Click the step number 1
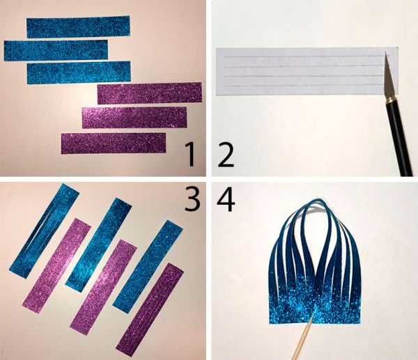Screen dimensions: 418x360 click(x=190, y=155)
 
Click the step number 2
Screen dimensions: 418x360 click(x=226, y=155)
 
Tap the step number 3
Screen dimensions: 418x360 click(x=192, y=198)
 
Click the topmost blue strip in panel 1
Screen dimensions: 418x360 click(x=78, y=26)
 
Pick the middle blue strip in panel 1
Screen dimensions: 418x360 click(x=56, y=50)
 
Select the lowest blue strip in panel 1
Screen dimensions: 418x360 click(x=79, y=72)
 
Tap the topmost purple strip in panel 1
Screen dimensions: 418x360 click(x=150, y=93)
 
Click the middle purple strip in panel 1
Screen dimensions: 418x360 click(x=134, y=118)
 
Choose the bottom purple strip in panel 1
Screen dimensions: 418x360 click(x=114, y=143)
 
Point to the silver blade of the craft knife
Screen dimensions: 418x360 click(x=388, y=76)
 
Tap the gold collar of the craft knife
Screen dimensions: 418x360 click(x=389, y=100)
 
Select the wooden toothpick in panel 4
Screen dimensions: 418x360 click(x=302, y=337)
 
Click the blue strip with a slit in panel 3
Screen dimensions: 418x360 click(x=45, y=230)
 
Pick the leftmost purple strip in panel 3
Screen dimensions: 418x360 click(x=57, y=266)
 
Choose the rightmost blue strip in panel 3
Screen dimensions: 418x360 click(x=148, y=267)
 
